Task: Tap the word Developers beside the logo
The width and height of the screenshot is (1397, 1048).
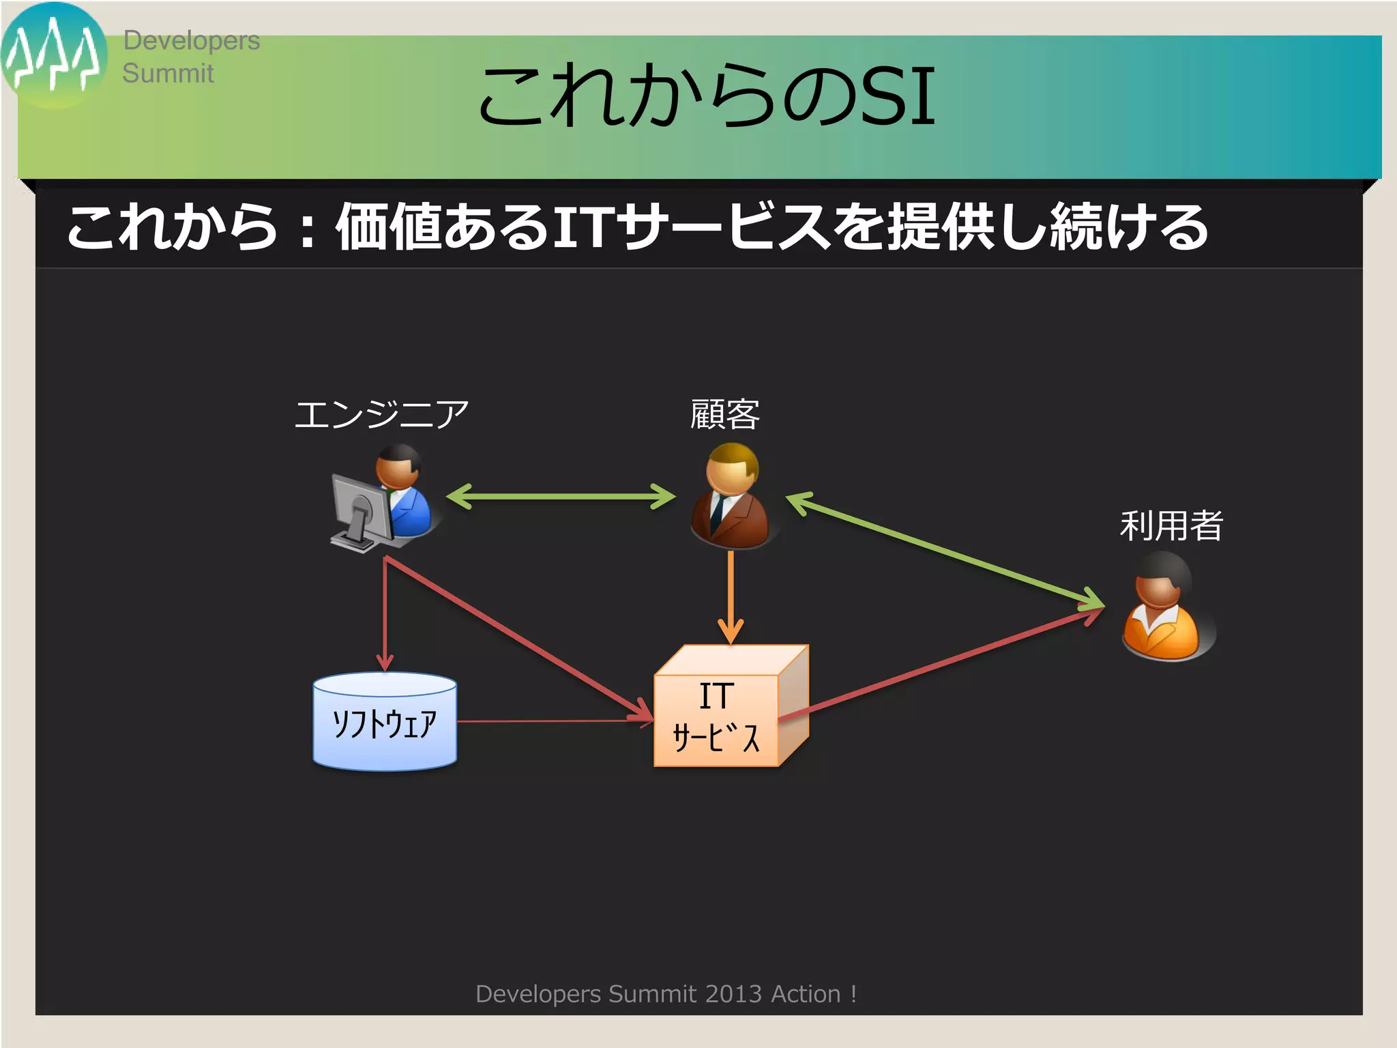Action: [x=191, y=41]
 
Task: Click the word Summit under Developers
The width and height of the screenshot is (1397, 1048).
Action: [x=168, y=73]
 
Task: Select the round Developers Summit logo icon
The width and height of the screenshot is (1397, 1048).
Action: [x=53, y=55]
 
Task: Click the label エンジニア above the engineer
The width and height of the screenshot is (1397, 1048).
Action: [x=381, y=414]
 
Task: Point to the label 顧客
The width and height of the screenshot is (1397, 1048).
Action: [x=724, y=414]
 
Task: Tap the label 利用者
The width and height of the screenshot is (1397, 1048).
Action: [x=1171, y=525]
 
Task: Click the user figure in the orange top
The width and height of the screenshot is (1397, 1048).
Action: [x=1162, y=607]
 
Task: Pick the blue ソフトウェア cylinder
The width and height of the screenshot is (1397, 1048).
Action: [x=385, y=722]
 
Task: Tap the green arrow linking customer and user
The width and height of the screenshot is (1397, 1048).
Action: [x=945, y=550]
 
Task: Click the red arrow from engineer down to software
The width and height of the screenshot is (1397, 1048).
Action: [x=385, y=614]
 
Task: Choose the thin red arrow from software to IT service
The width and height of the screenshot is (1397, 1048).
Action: [x=553, y=720]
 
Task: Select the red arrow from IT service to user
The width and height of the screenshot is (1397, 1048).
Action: [x=941, y=662]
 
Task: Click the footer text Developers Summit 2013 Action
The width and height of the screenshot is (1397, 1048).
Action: [x=665, y=994]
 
